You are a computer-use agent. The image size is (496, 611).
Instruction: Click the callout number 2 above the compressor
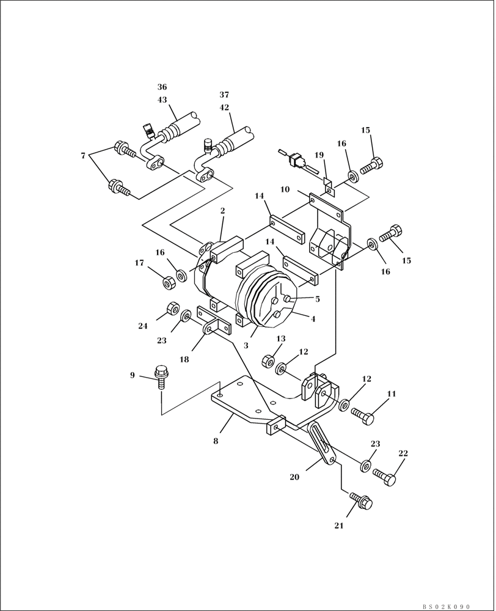tap(222, 211)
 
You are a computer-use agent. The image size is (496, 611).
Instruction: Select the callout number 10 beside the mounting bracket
tap(285, 189)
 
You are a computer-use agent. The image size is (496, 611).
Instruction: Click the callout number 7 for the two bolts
tap(83, 156)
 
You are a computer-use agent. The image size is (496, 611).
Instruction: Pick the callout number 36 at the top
tap(162, 87)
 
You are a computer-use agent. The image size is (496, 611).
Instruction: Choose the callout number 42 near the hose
tap(224, 107)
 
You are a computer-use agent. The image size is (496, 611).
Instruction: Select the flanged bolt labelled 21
tap(361, 502)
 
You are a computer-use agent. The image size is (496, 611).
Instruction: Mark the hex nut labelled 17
tap(167, 281)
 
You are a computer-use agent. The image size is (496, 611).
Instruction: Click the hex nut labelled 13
tap(267, 361)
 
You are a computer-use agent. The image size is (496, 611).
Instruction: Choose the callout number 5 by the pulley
tap(317, 299)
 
